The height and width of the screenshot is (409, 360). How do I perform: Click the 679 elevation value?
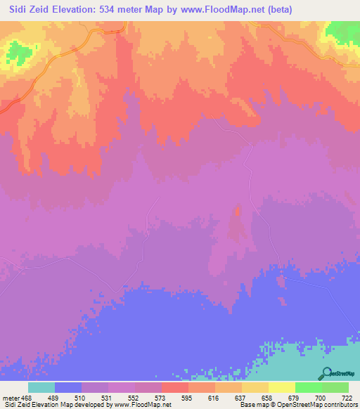click(295, 397)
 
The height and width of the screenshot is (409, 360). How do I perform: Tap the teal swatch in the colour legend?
click(41, 387)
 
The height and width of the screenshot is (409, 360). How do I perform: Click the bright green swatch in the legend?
click(309, 387)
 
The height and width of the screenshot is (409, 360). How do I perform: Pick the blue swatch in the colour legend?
click(68, 387)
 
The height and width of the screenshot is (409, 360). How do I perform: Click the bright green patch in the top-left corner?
click(20, 50)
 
